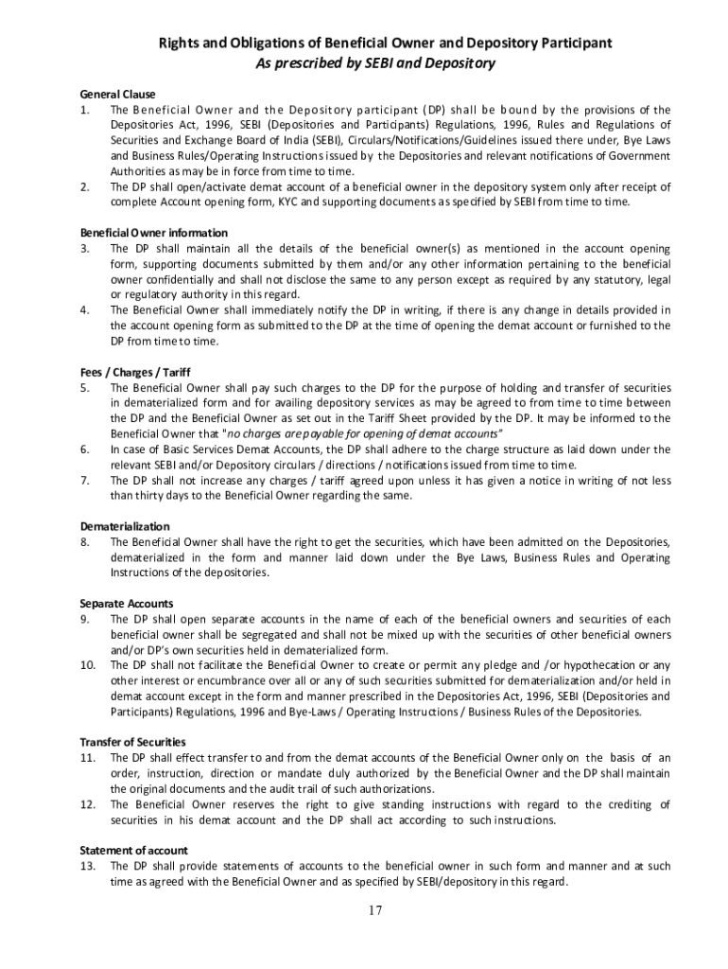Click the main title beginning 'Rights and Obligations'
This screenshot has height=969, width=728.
(384, 44)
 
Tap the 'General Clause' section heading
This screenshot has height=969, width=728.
(117, 95)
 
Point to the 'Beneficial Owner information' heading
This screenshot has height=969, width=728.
(153, 233)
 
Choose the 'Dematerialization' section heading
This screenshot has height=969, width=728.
(125, 526)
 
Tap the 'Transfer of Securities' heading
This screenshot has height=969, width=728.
(132, 742)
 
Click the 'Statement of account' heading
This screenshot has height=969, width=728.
(133, 851)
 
